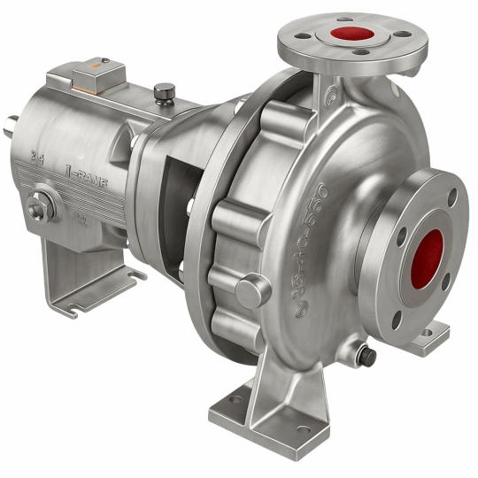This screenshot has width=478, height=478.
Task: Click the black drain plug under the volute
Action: coord(365,356)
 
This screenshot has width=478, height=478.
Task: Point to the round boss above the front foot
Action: coord(251,290)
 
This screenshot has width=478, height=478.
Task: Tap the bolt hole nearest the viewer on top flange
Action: coord(364,54)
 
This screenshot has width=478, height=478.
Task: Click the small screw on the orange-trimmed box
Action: coord(104,62)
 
